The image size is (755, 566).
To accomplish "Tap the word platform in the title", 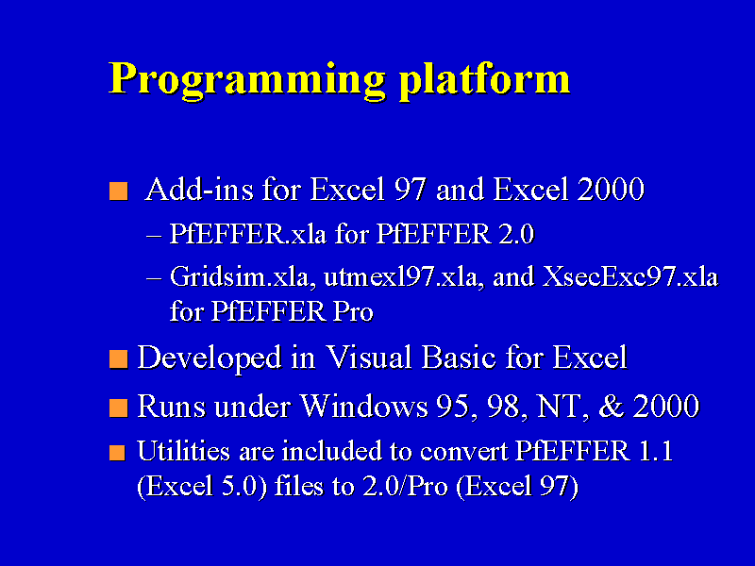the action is pyautogui.click(x=484, y=77).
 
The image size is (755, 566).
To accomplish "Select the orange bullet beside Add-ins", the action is pyautogui.click(x=119, y=191).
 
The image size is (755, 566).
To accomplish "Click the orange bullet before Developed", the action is pyautogui.click(x=119, y=359).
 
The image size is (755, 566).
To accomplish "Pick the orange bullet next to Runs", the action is pyautogui.click(x=119, y=408).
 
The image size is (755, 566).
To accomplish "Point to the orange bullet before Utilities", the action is pyautogui.click(x=117, y=453).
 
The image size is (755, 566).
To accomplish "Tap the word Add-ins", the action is pyautogui.click(x=199, y=190).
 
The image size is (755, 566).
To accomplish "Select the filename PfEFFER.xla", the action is pyautogui.click(x=248, y=234).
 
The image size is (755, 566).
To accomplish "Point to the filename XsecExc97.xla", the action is pyautogui.click(x=630, y=277).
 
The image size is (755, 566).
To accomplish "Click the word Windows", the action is pyautogui.click(x=364, y=406).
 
